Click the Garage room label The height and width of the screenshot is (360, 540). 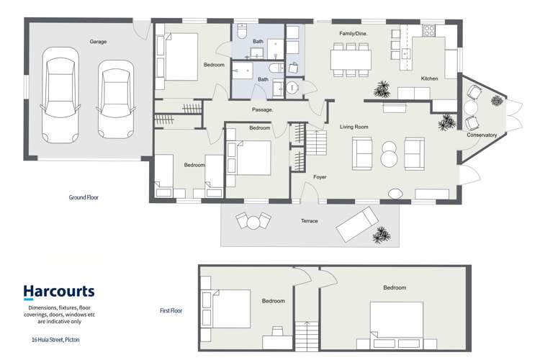pyautogui.click(x=98, y=42)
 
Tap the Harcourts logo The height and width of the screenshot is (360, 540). pyautogui.click(x=59, y=292)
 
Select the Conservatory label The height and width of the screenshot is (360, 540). pyautogui.click(x=482, y=135)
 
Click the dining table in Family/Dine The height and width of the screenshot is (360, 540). pyautogui.click(x=351, y=60)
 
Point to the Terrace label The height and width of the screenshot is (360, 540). pyautogui.click(x=310, y=221)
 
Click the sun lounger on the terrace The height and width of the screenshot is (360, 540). pyautogui.click(x=357, y=224)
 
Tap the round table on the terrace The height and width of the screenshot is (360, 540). pyautogui.click(x=253, y=222)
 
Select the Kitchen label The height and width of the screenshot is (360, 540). pyautogui.click(x=429, y=78)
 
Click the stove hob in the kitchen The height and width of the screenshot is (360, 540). pyautogui.click(x=429, y=30)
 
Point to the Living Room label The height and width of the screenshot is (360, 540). pyautogui.click(x=354, y=127)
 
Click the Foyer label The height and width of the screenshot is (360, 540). pyautogui.click(x=320, y=177)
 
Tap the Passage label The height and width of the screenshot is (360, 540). pyautogui.click(x=262, y=109)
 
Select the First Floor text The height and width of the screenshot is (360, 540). pyautogui.click(x=171, y=310)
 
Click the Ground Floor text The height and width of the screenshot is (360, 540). pyautogui.click(x=84, y=197)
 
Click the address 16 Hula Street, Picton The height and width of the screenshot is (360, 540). pyautogui.click(x=55, y=340)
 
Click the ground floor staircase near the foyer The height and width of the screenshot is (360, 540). pyautogui.click(x=316, y=143)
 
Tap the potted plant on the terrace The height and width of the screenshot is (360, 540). pyautogui.click(x=381, y=235)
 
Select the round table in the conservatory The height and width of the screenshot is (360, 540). pyautogui.click(x=471, y=108)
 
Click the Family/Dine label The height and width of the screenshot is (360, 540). pyautogui.click(x=354, y=34)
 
